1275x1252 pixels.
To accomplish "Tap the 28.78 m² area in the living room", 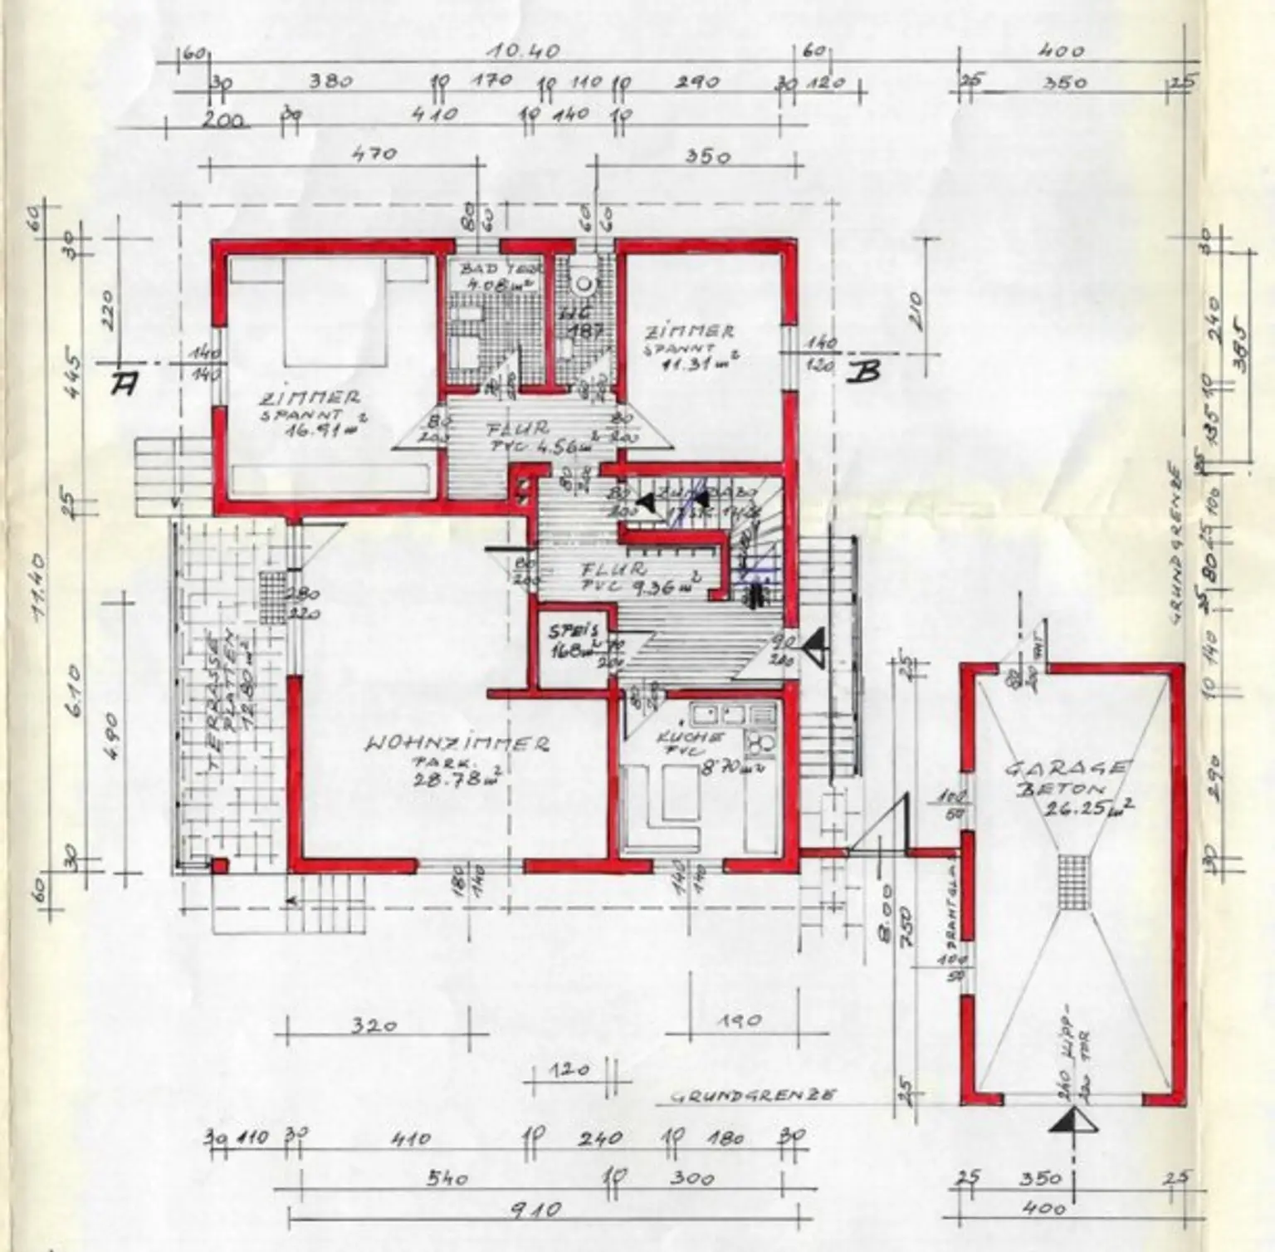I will click(x=461, y=777).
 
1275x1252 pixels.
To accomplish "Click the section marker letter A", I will click(x=124, y=383).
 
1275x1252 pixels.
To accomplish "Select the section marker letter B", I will click(x=862, y=373).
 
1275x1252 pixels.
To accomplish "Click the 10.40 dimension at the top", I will click(x=523, y=51).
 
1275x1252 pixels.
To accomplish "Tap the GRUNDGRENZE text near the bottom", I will click(x=752, y=1096).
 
